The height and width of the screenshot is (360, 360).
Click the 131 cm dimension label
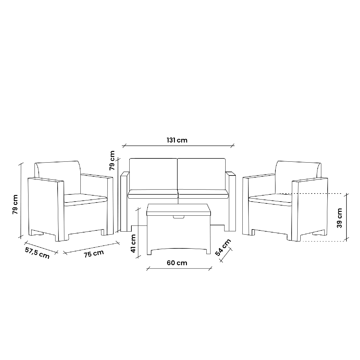pyautogui.click(x=177, y=140)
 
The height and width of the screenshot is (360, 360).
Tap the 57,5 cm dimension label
pyautogui.click(x=37, y=253)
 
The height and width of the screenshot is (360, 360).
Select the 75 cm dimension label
pyautogui.click(x=94, y=253)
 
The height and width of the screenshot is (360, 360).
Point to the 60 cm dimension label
pyautogui.click(x=177, y=263)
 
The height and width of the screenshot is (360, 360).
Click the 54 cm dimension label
pyautogui.click(x=223, y=247)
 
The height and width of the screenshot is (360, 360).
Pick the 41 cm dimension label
pyautogui.click(x=133, y=243)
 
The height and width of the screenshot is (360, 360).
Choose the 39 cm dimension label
pyautogui.click(x=339, y=218)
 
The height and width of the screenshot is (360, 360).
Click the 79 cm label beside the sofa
pyautogui.click(x=112, y=160)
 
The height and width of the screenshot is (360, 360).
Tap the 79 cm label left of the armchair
pyautogui.click(x=15, y=204)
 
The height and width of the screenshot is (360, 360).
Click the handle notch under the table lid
pyautogui.click(x=178, y=217)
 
